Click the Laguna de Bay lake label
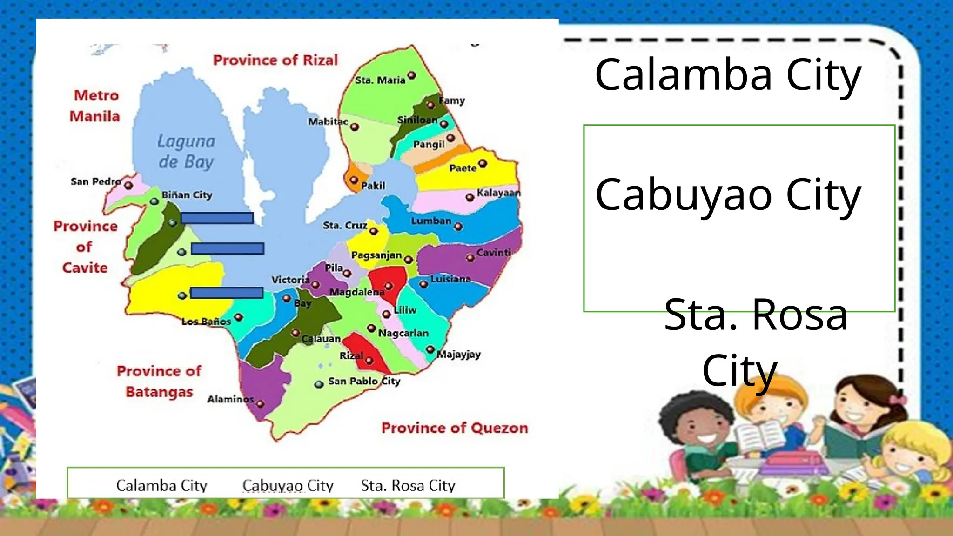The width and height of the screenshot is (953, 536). pyautogui.click(x=186, y=151)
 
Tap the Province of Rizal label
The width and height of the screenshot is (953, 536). pyautogui.click(x=275, y=60)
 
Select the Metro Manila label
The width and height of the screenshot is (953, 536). pyautogui.click(x=95, y=106)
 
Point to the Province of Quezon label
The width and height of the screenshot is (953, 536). pyautogui.click(x=455, y=428)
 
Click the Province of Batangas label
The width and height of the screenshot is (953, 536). pyautogui.click(x=159, y=381)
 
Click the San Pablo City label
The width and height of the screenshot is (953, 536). pyautogui.click(x=364, y=381)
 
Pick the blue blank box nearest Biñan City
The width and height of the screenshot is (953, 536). pyautogui.click(x=217, y=218)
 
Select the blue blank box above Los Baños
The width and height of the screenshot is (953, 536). pyautogui.click(x=227, y=293)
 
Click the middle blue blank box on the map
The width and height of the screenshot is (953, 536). pyautogui.click(x=228, y=249)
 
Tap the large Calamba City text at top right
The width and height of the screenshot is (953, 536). pyautogui.click(x=728, y=74)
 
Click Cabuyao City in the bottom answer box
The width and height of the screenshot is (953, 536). pyautogui.click(x=288, y=485)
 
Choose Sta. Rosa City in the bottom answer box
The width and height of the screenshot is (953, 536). pyautogui.click(x=408, y=485)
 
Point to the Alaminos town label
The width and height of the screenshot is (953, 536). pyautogui.click(x=230, y=399)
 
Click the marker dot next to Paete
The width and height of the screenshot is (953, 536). pyautogui.click(x=483, y=163)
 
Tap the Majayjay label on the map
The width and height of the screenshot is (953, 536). pyautogui.click(x=459, y=355)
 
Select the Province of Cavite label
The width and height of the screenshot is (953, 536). pyautogui.click(x=85, y=247)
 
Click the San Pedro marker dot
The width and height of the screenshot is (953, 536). pyautogui.click(x=128, y=186)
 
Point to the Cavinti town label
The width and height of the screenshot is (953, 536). pyautogui.click(x=494, y=253)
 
